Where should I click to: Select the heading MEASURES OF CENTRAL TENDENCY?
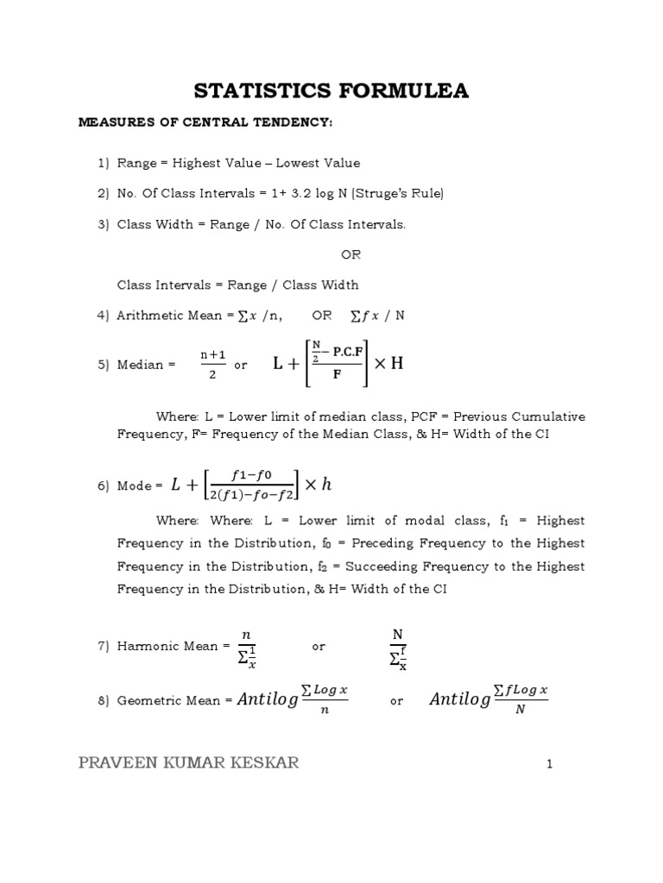pos(205,122)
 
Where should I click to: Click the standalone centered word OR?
pos(350,254)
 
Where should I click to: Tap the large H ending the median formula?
pos(396,363)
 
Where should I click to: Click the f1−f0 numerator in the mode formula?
pos(253,475)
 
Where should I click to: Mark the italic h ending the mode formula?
pos(326,485)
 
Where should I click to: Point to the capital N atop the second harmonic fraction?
pos(397,634)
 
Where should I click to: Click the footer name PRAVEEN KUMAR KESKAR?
pos(189,763)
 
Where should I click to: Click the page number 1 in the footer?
pos(548,764)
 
